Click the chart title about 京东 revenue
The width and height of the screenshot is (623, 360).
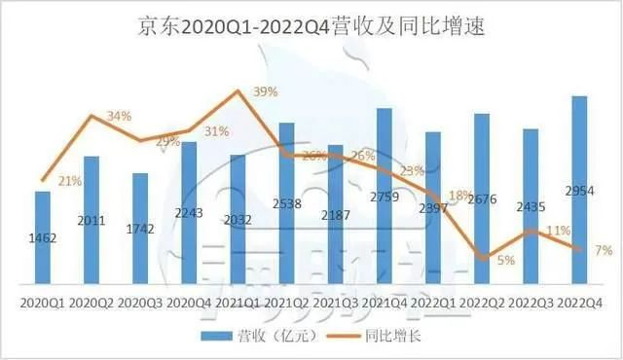311,27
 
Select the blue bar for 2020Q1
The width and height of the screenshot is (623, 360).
43,238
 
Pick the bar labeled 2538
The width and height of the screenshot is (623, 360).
286,203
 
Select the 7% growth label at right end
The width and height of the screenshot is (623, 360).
604,251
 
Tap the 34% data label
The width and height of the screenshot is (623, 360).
119,117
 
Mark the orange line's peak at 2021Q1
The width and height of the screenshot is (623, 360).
238,91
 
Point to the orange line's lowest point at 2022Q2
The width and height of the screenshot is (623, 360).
482,258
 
